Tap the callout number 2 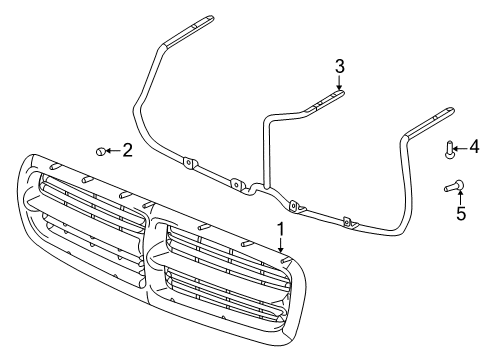127,150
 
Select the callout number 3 339,66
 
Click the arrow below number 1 281,255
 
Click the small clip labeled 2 101,151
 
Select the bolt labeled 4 450,151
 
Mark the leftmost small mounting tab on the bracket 187,162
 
